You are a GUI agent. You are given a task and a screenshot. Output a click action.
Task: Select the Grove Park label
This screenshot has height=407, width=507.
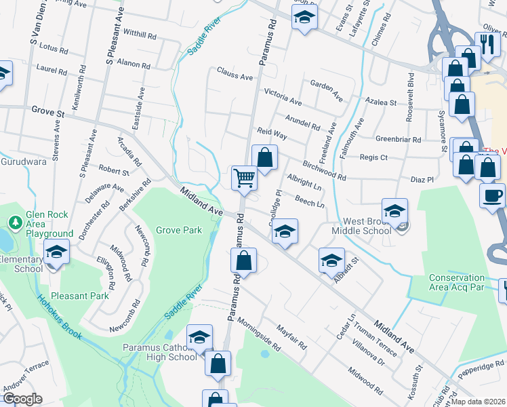[179, 230]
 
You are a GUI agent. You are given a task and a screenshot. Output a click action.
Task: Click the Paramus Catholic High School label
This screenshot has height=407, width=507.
[160, 353]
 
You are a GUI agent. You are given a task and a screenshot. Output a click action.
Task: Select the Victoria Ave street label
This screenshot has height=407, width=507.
[283, 96]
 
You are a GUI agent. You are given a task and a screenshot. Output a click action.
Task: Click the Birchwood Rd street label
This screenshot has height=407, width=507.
[325, 171]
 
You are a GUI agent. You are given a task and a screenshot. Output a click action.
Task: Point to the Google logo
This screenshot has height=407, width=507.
[22, 399]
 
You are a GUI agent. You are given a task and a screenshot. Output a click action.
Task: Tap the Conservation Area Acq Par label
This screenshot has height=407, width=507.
[456, 282]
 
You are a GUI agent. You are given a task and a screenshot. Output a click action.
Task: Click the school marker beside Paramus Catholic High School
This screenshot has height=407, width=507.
[199, 337]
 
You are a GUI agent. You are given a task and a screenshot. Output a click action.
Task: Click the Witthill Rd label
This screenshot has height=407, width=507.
[140, 33]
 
